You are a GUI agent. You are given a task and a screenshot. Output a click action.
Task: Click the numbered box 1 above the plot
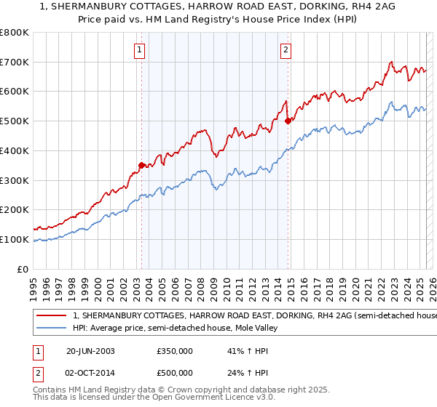(x=138, y=50)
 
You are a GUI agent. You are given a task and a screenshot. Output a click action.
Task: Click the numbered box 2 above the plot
(x=286, y=50)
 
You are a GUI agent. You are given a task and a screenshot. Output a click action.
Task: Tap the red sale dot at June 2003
(x=141, y=165)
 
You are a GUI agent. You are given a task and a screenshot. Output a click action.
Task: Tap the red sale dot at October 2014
(x=288, y=121)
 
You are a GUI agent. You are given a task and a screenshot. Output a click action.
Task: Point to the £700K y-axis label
(x=15, y=62)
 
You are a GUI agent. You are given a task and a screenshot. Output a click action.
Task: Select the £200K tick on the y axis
(x=15, y=209)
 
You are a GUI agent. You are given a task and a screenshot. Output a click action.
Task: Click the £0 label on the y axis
(x=23, y=269)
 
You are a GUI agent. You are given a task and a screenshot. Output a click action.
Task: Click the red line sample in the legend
(x=52, y=316)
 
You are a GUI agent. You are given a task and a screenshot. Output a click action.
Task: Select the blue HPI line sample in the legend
(x=52, y=329)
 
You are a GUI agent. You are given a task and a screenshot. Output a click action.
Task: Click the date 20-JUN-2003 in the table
(x=90, y=350)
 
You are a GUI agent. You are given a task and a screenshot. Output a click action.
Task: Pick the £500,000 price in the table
(x=174, y=373)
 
